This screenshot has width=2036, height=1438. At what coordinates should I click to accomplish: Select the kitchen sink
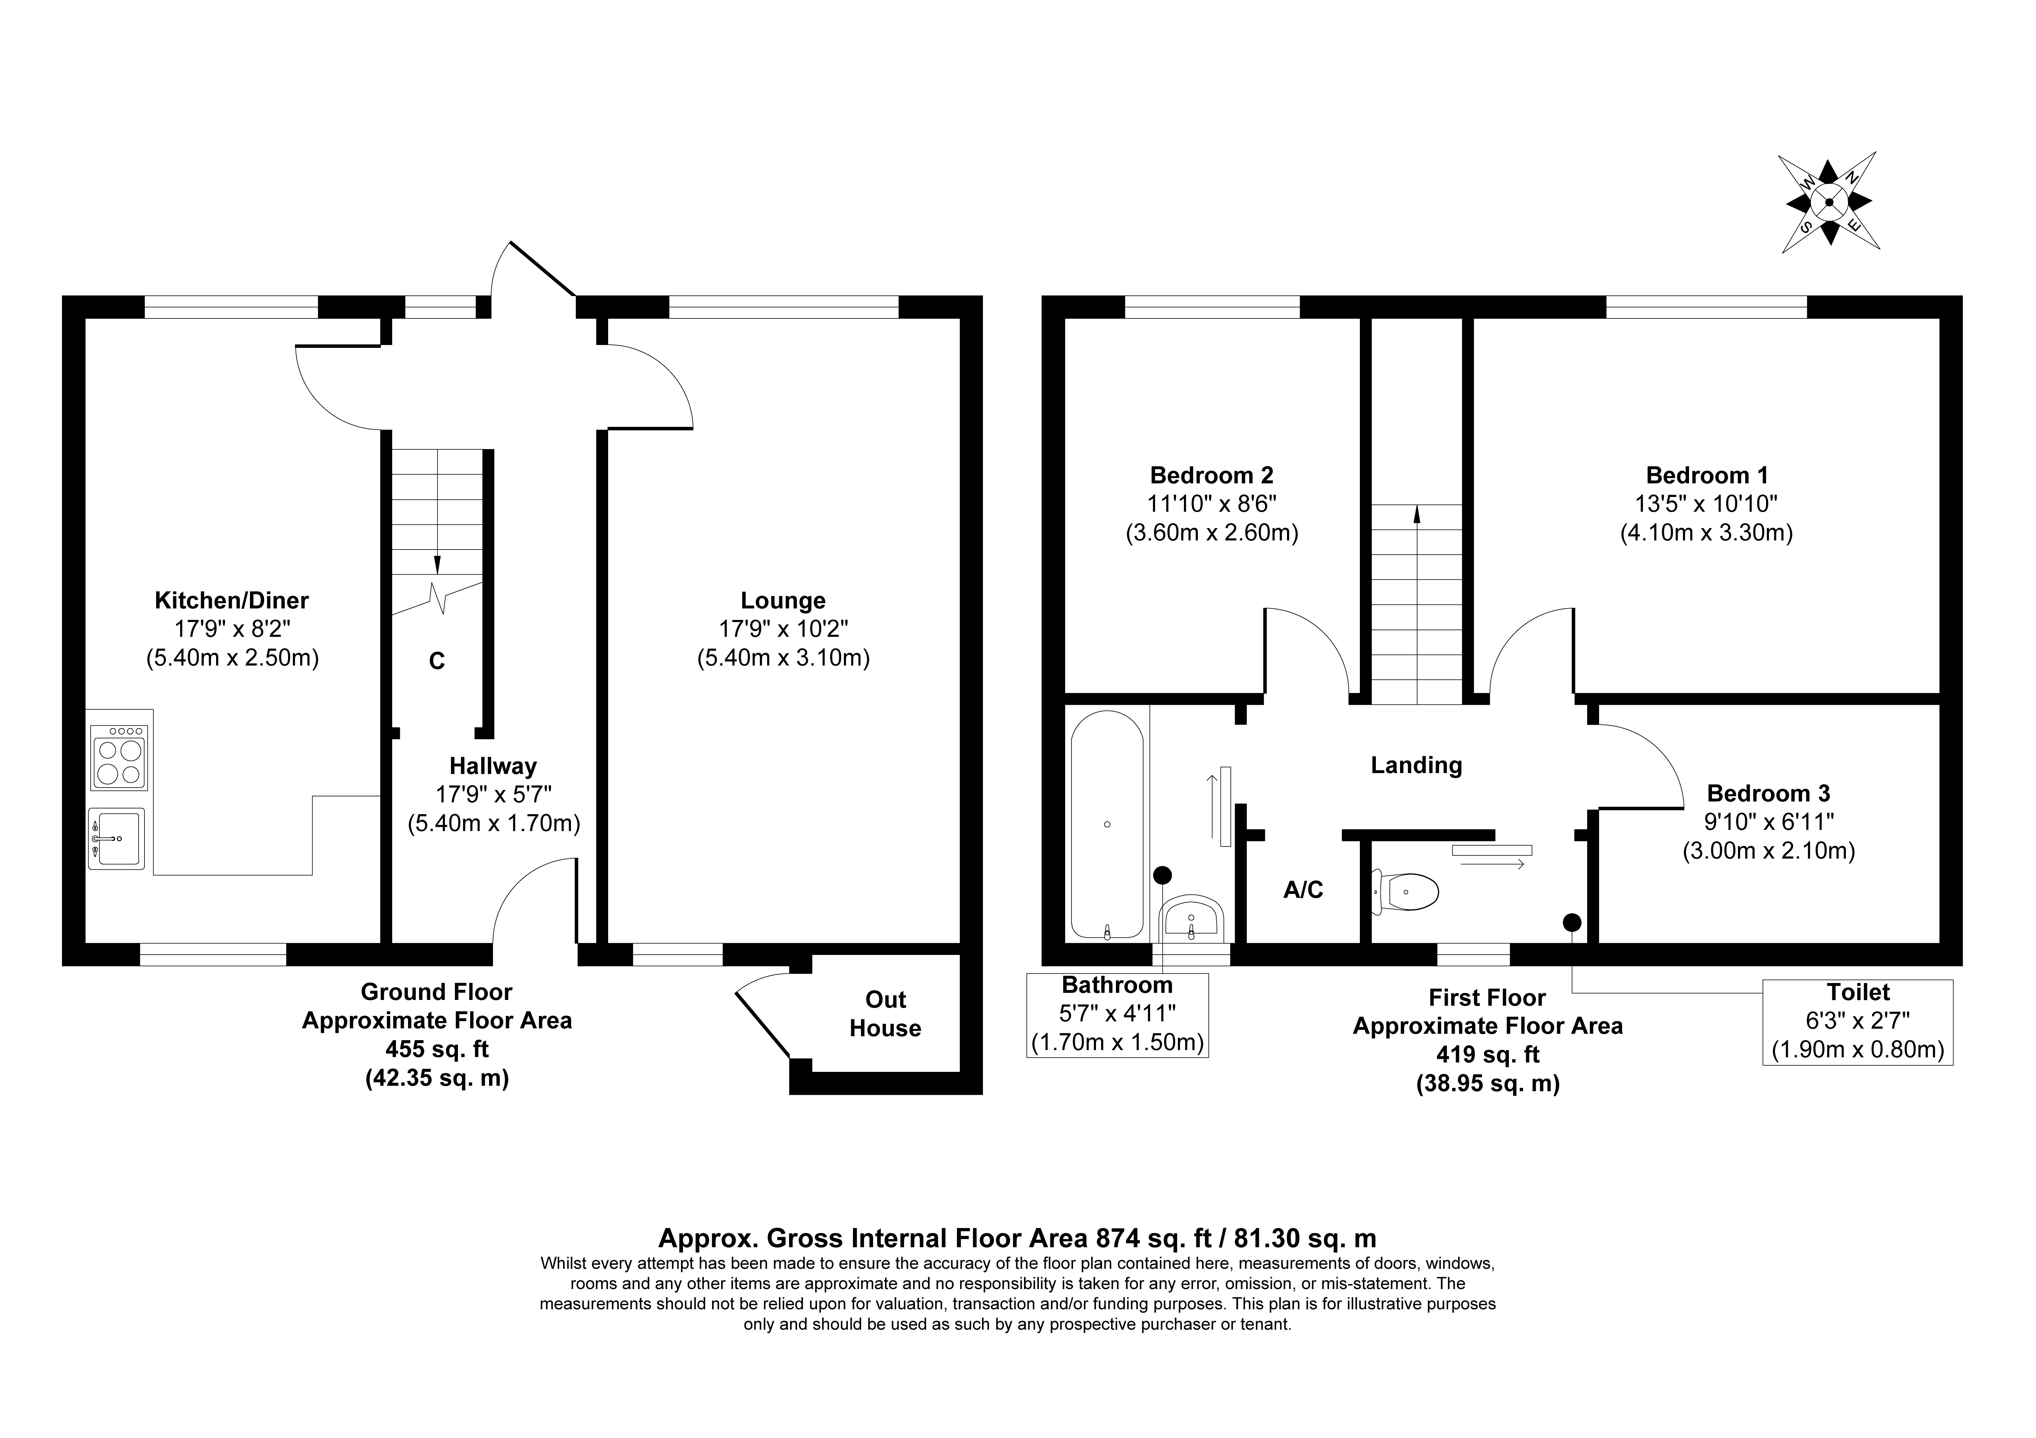click(116, 838)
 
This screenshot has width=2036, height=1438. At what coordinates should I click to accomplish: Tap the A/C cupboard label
click(1303, 889)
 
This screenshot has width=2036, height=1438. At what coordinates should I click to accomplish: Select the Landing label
click(1416, 765)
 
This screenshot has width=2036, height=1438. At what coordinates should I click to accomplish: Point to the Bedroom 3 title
click(1768, 794)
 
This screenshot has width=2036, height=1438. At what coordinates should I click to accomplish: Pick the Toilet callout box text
click(1858, 1021)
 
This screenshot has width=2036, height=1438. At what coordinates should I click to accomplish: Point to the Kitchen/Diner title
click(232, 600)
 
